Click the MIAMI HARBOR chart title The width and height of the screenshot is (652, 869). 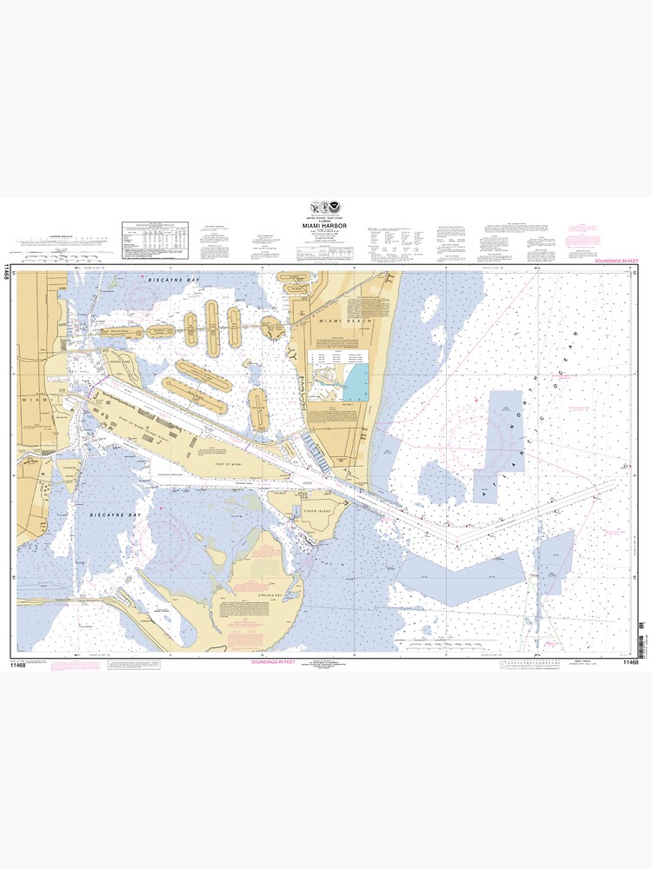pyautogui.click(x=325, y=229)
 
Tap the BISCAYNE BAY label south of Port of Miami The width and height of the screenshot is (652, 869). pyautogui.click(x=115, y=515)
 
